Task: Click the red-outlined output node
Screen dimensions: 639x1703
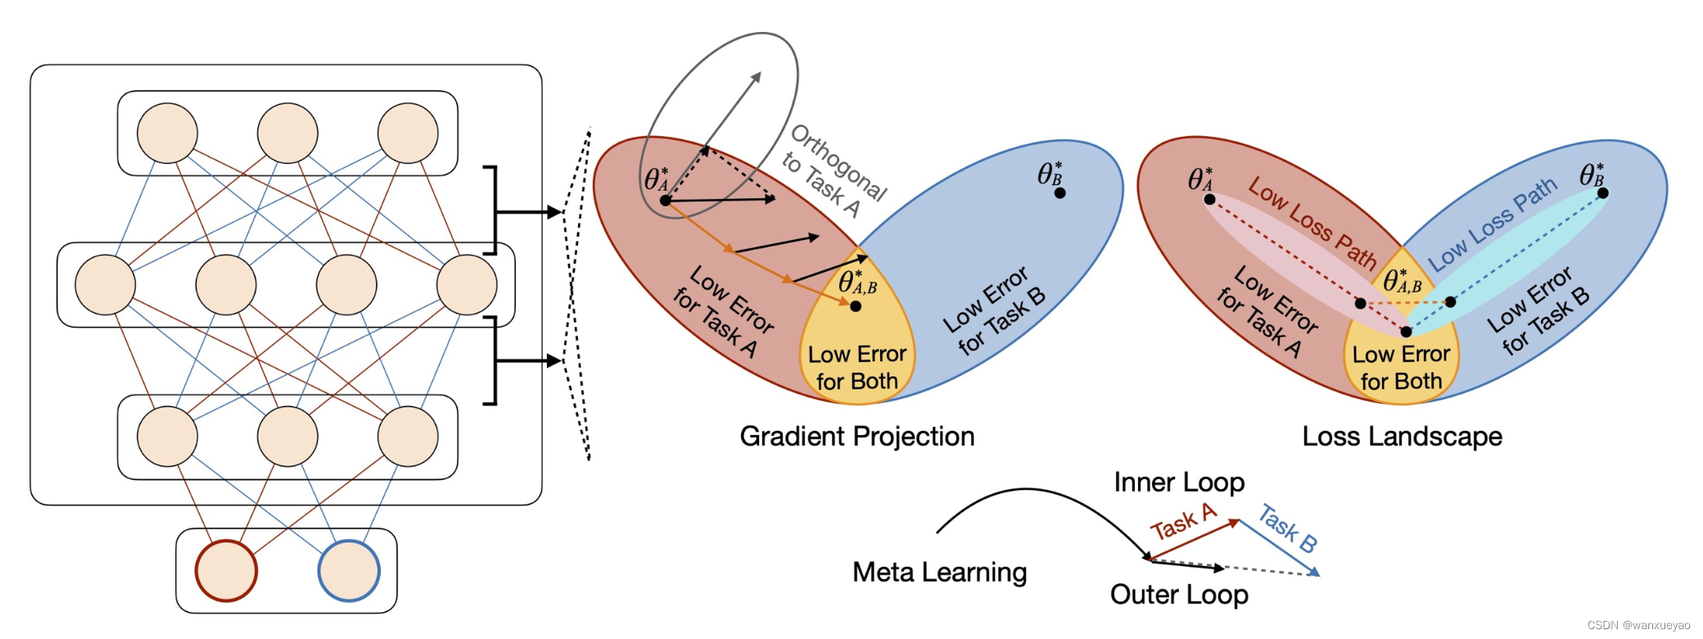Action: coord(226,570)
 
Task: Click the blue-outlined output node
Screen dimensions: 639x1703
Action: coord(349,570)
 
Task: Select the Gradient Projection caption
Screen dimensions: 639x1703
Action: coord(856,437)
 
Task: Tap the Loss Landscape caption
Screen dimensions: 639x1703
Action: coord(1402,437)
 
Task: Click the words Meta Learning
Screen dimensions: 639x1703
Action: coord(939,572)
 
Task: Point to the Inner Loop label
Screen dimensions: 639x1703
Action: coord(1179,483)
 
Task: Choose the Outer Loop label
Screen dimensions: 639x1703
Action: coord(1179,595)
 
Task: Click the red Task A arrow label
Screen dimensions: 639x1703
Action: coord(1183,523)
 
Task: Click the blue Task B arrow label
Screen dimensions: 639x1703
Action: coord(1287,528)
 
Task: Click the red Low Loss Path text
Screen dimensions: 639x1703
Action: coord(1312,222)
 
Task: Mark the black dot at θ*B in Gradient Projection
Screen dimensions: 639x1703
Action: coord(1059,193)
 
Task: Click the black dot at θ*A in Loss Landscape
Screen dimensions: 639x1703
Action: coord(1209,199)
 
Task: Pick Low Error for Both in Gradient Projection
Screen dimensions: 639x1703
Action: coord(856,368)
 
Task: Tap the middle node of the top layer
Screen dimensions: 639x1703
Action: coord(287,133)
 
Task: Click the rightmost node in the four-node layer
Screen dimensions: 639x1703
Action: coord(467,284)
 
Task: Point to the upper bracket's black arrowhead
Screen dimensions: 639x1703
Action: coord(555,212)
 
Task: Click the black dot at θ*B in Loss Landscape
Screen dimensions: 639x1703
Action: coord(1603,193)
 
